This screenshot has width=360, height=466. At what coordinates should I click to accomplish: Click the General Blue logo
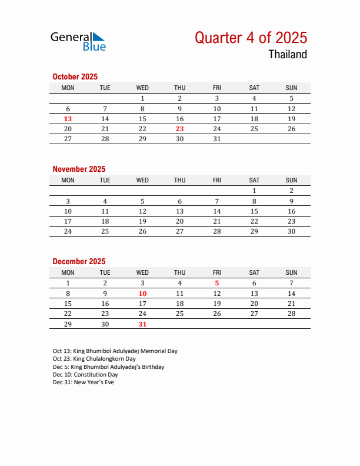pyautogui.click(x=78, y=41)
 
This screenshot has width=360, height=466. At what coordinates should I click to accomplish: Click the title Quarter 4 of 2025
pyautogui.click(x=251, y=38)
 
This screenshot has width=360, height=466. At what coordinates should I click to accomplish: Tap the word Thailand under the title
pyautogui.click(x=288, y=55)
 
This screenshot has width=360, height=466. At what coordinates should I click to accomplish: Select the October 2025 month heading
pyautogui.click(x=75, y=76)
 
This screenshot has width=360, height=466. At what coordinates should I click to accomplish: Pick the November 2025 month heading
pyautogui.click(x=79, y=169)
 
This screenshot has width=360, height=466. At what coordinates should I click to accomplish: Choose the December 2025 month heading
pyautogui.click(x=79, y=261)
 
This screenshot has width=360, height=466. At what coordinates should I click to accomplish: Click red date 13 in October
pyautogui.click(x=68, y=119)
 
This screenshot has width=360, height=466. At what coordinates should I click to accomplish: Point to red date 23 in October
pyautogui.click(x=179, y=129)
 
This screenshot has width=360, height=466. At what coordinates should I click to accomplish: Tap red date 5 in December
pyautogui.click(x=217, y=283)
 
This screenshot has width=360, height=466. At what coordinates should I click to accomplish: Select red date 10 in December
pyautogui.click(x=142, y=294)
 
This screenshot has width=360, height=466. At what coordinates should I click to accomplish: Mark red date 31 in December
pyautogui.click(x=142, y=324)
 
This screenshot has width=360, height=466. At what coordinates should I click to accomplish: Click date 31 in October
pyautogui.click(x=217, y=139)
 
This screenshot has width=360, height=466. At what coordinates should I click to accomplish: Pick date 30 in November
pyautogui.click(x=291, y=231)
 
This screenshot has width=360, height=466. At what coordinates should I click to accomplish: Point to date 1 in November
pyautogui.click(x=254, y=191)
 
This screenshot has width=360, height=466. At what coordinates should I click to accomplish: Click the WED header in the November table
pyautogui.click(x=142, y=180)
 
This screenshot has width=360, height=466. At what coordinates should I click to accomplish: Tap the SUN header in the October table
pyautogui.click(x=291, y=88)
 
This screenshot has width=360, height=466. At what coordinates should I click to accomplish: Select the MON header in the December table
pyautogui.click(x=68, y=272)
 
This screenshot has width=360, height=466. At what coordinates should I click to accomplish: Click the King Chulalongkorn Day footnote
pyautogui.click(x=94, y=359)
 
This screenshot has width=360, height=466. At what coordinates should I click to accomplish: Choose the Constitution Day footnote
pyautogui.click(x=85, y=375)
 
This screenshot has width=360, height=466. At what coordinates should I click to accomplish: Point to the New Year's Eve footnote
pyautogui.click(x=83, y=382)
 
